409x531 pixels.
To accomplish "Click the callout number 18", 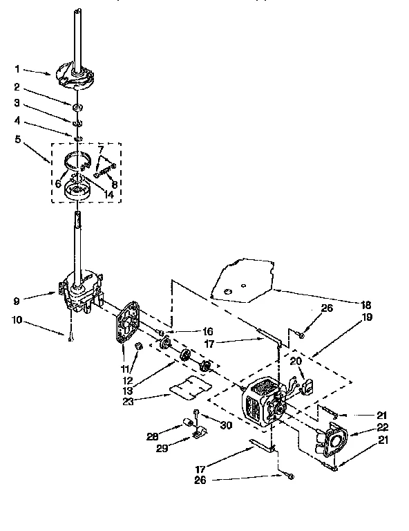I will [366, 304].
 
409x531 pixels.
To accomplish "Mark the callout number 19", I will [367, 317].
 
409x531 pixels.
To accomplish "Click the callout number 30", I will [225, 424].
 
